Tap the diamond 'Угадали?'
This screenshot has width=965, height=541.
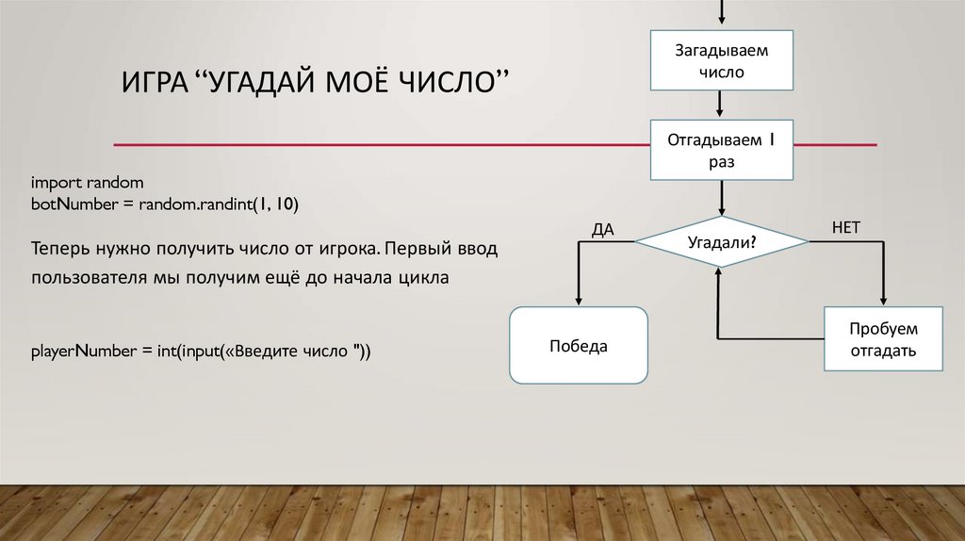[722, 242]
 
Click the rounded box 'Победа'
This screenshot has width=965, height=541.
[579, 346]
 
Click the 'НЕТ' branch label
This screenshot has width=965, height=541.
[845, 227]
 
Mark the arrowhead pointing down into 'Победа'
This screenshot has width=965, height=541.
[578, 300]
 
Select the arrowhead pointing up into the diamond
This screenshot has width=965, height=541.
[719, 270]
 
